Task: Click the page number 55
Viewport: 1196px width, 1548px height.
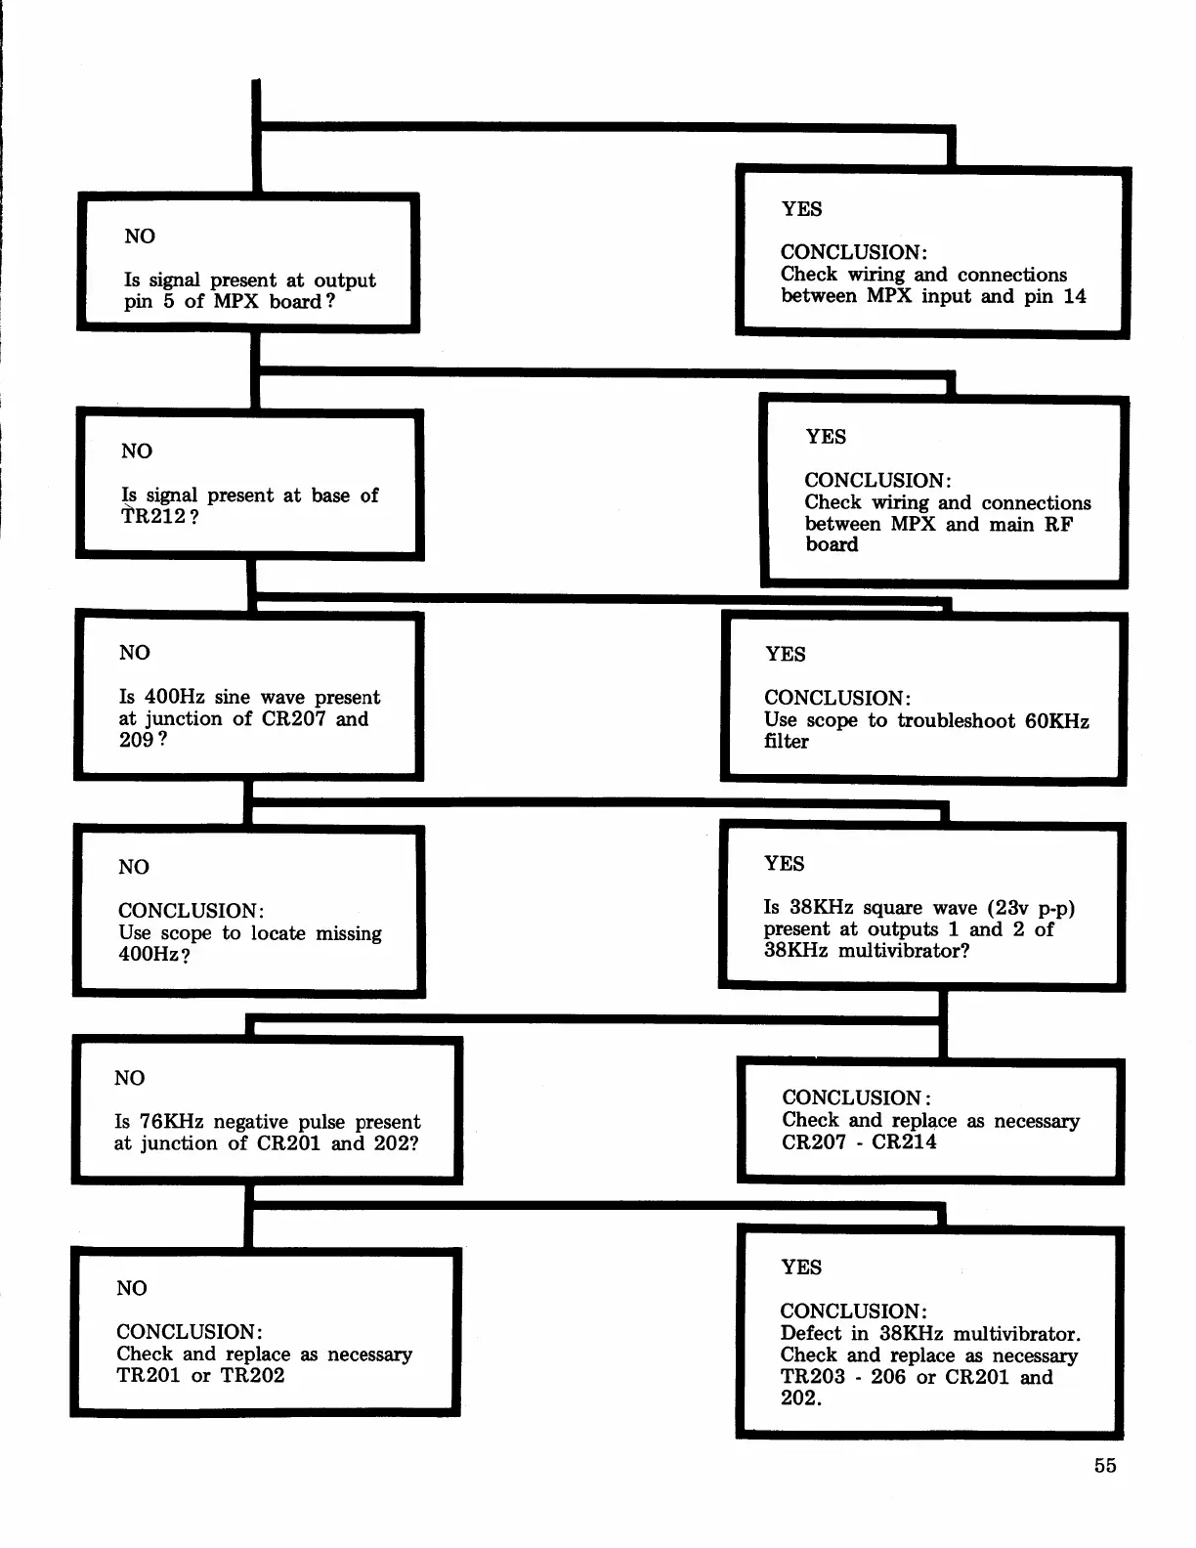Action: point(1105,1466)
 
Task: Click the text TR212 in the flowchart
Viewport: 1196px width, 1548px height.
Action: point(153,517)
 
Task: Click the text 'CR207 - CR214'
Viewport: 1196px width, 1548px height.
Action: point(859,1141)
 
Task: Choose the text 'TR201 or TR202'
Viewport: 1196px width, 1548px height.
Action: point(200,1376)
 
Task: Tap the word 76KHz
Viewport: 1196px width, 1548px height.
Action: point(171,1122)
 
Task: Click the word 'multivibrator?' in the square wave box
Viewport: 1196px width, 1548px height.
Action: point(904,951)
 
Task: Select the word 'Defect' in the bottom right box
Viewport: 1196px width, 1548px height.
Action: point(810,1334)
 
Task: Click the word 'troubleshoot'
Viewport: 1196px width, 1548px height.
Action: point(957,721)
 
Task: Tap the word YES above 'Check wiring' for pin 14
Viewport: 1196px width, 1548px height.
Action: point(801,209)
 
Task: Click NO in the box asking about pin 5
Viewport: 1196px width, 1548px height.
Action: point(140,236)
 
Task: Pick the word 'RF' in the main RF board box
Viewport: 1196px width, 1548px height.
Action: point(1058,524)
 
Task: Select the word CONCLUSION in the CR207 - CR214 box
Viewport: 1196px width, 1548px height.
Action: point(853,1098)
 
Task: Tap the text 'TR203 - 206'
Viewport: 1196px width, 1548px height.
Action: point(843,1377)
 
